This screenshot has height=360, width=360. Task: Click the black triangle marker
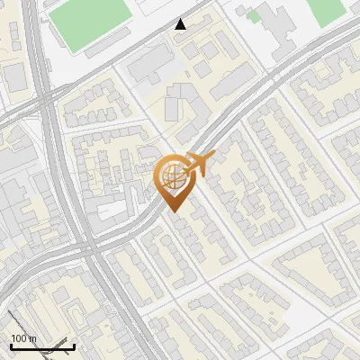coord(181,24)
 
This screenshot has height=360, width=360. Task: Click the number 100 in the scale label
coord(19,338)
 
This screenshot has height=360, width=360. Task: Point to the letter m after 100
coord(32,338)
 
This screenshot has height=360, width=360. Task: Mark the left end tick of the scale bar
coord(10,344)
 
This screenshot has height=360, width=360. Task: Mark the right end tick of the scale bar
coord(75,344)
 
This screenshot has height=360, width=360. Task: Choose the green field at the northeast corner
coord(326,9)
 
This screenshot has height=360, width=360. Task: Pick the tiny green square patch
coord(255,15)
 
